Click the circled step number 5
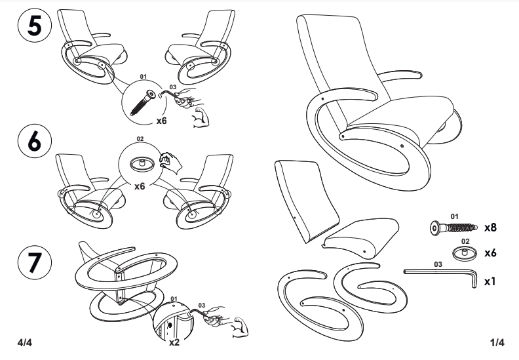(x=35, y=26)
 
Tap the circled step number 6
(x=35, y=141)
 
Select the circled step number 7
(x=35, y=262)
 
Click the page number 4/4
(x=25, y=342)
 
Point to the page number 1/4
(x=497, y=342)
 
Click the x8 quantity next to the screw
(x=491, y=228)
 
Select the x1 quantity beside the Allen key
(x=490, y=281)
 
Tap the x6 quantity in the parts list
(x=491, y=253)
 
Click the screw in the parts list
(x=453, y=228)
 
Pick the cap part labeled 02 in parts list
(x=465, y=253)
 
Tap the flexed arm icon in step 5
(x=201, y=117)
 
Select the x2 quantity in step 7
(x=174, y=342)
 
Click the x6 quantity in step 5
(x=161, y=121)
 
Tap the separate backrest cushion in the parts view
(x=305, y=201)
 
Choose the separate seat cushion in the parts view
(x=361, y=237)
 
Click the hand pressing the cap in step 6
(x=170, y=163)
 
